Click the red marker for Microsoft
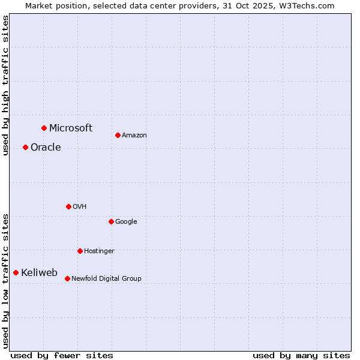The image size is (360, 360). point(44,128)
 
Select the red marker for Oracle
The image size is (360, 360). point(25,147)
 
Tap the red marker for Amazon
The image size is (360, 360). point(118,135)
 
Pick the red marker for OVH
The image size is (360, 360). point(68,206)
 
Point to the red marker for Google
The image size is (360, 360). point(111,221)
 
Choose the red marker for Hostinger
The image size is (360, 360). point(80,251)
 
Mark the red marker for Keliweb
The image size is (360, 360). point(16,272)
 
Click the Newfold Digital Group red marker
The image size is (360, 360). point(67,278)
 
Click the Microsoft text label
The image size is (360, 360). point(71,128)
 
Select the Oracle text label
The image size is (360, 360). point(46,148)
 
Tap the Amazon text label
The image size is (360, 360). point(134,136)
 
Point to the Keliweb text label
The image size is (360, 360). point(39,273)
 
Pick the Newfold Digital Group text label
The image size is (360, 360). point(106,278)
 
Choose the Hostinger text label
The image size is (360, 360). point(99,251)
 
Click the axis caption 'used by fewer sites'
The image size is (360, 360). point(62,355)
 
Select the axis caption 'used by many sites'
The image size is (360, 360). point(301,355)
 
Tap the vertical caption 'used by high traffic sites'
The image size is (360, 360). point(5,85)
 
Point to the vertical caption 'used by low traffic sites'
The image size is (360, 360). point(5,280)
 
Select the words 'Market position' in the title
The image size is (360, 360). point(53,5)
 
